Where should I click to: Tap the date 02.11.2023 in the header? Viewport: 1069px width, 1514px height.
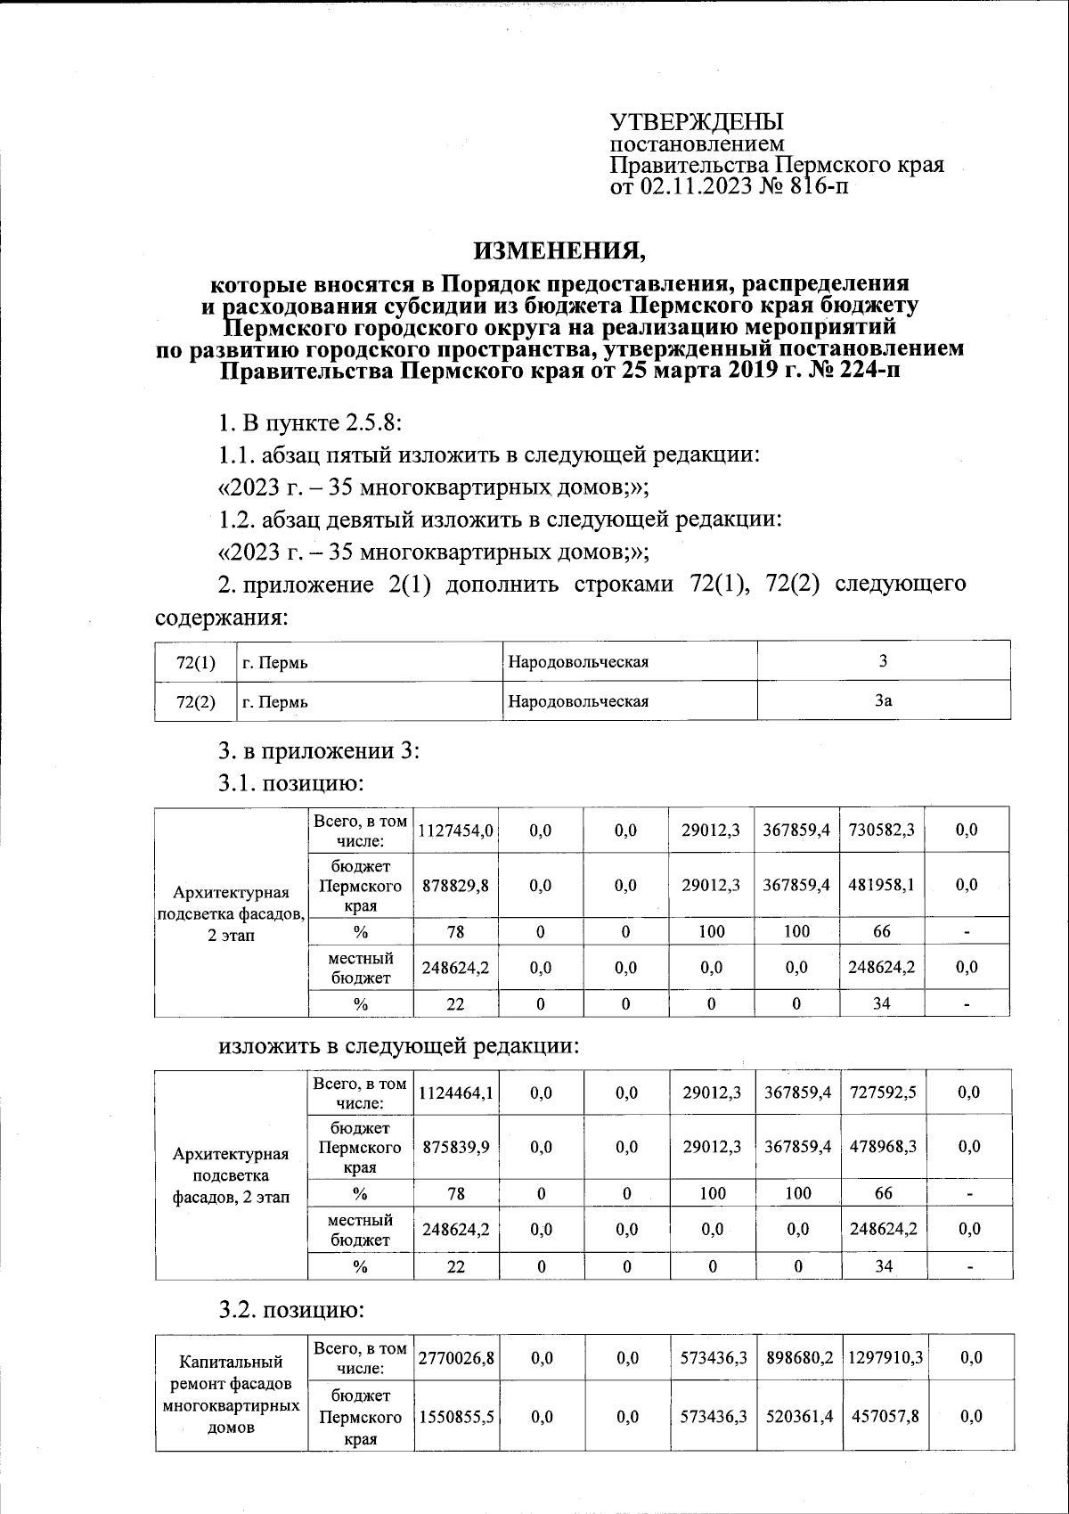coord(695,186)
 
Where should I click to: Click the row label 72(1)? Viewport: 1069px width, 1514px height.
coord(196,662)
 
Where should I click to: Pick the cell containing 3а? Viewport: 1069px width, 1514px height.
coord(883,700)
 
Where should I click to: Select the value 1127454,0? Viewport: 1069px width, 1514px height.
coord(455,830)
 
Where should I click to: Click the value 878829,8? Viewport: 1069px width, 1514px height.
coord(455,885)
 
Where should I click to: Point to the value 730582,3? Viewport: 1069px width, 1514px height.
coord(881,830)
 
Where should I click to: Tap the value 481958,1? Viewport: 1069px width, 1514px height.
coord(881,885)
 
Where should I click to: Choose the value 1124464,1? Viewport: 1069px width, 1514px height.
coord(455,1092)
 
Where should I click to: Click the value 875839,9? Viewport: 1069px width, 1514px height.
coord(455,1146)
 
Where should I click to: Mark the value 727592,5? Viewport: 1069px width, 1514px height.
coord(883,1092)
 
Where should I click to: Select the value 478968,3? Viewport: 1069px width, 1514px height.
coord(883,1146)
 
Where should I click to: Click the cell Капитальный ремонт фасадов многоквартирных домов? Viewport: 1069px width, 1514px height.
coord(232,1395)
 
